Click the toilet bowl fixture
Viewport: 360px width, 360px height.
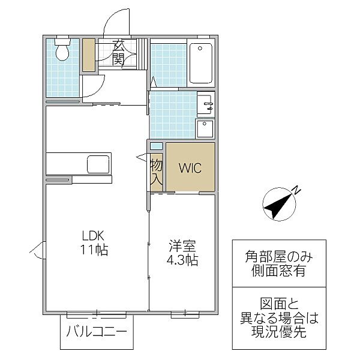62,49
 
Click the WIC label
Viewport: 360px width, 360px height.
190,168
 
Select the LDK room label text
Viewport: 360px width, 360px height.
94,236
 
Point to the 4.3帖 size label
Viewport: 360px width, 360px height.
182,260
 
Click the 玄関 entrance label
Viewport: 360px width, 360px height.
119,53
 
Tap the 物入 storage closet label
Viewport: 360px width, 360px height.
157,172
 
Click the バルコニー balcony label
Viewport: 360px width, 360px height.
97,331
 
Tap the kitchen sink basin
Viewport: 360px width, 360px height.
98,164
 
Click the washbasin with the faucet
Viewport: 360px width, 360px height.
205,104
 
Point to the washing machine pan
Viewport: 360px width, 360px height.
205,129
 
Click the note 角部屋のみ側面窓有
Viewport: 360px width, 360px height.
279,263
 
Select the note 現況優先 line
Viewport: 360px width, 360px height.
279,331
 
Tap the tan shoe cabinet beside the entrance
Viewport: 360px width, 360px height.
89,55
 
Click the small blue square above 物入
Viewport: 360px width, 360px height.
156,146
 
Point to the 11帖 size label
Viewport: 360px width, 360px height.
94,250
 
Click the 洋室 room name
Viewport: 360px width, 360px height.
182,246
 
